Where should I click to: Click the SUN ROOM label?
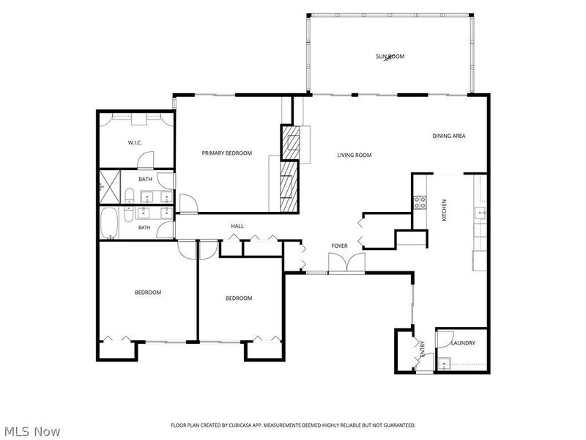pos(390,56)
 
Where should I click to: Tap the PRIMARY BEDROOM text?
pos(227,153)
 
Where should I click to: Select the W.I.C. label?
pos(135,142)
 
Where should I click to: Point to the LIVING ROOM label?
pos(355,155)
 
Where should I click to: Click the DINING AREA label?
pos(449,136)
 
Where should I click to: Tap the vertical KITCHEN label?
pos(445,210)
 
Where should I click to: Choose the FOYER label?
pos(339,246)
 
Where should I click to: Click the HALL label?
pos(237,226)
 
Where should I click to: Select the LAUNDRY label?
pos(463,342)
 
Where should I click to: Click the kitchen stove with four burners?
pos(420,202)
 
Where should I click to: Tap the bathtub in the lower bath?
pos(109,224)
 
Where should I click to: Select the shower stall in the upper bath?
pos(110,187)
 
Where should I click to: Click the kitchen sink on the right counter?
pos(481,213)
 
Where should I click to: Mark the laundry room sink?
pos(444,364)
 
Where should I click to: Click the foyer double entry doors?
pos(346,263)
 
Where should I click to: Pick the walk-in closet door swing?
pos(146,160)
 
